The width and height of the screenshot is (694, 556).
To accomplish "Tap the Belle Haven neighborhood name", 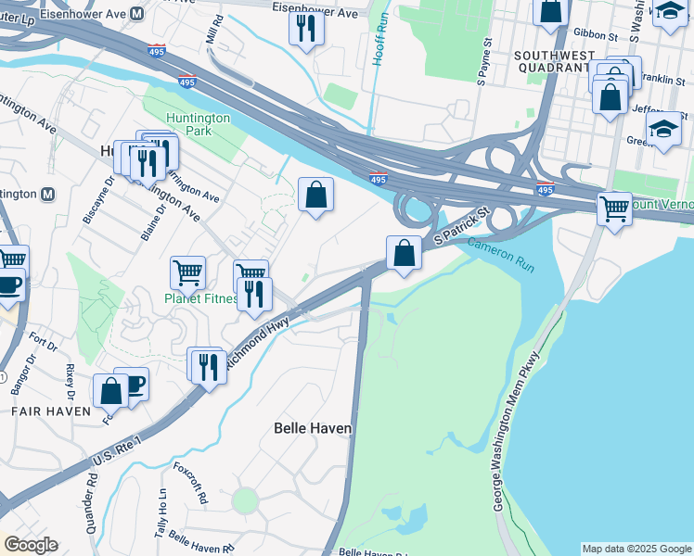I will [x=314, y=428].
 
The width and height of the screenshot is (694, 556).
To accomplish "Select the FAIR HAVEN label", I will [x=51, y=411].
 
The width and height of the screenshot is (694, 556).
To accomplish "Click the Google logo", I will [x=31, y=545].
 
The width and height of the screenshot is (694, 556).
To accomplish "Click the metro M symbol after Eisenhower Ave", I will [x=137, y=14].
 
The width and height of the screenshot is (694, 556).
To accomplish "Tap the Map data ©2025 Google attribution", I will [x=636, y=549].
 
